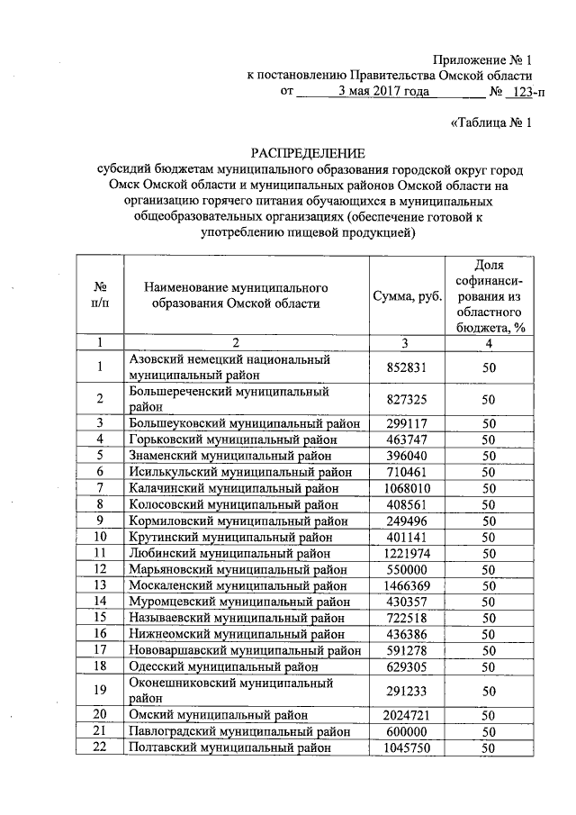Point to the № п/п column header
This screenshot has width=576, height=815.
(99, 296)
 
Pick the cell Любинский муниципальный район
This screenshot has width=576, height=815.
(229, 552)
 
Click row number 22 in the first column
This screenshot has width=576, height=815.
(99, 747)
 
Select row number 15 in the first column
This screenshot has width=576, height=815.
(99, 617)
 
